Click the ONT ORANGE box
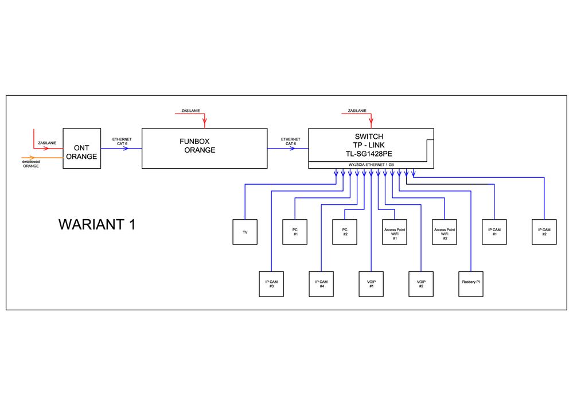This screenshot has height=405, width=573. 81,149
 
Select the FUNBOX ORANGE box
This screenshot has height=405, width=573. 204,149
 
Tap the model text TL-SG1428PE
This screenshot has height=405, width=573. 369,154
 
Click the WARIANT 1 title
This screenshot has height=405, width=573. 97,224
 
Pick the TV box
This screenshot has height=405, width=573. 245,232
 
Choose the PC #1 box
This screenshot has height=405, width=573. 295,232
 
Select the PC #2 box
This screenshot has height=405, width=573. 345,232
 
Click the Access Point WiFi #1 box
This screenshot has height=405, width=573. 395,232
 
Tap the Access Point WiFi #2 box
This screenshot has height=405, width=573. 445,232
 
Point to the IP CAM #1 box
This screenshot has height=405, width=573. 494,232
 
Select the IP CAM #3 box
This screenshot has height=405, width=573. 271,284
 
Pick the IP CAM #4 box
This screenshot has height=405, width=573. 321,284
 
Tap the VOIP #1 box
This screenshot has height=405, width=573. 371,284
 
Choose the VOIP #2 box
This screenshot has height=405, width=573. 421,284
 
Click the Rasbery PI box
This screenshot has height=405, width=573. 471,284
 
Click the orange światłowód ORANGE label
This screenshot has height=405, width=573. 31,164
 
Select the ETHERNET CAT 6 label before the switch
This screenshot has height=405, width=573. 290,141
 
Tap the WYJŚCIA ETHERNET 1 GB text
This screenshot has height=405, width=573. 371,165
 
